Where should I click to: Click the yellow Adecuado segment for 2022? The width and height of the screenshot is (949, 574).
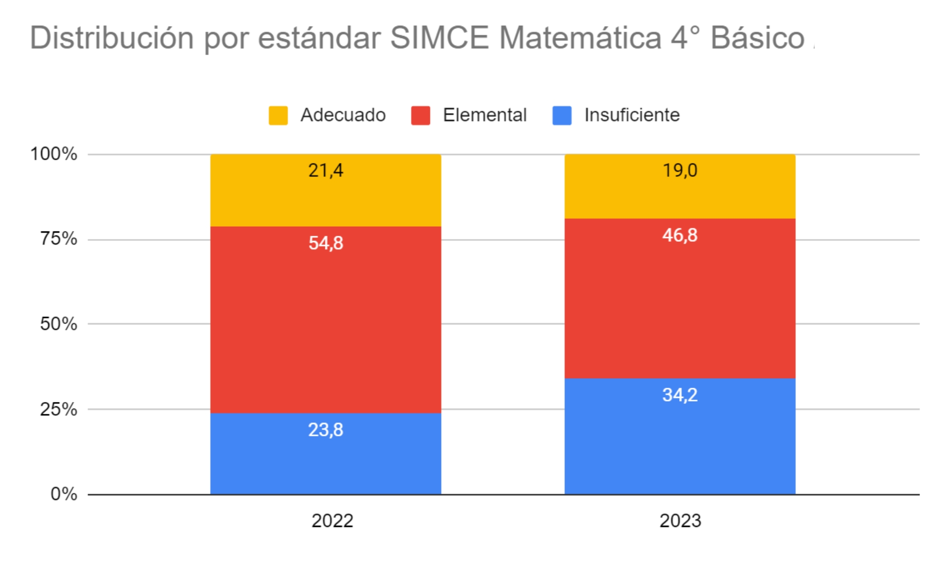tap(325, 200)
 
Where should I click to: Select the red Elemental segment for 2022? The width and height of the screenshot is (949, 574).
tap(325, 323)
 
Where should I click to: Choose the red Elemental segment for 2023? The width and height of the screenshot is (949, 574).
tap(680, 304)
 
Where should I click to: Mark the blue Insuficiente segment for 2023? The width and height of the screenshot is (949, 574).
tap(680, 447)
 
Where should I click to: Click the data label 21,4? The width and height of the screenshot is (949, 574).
tap(325, 170)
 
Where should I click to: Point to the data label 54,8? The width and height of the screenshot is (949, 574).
tap(325, 243)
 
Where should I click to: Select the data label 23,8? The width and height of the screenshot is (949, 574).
tap(325, 430)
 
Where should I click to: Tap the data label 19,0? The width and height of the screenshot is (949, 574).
tap(680, 170)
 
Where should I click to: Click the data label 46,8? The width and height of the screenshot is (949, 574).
tap(680, 235)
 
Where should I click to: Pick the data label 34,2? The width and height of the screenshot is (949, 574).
tap(680, 395)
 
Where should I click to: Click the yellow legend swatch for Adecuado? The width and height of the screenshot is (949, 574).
tap(278, 115)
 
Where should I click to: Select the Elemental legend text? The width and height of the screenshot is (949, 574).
tap(484, 115)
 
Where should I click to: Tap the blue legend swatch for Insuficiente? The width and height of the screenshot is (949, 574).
tap(561, 115)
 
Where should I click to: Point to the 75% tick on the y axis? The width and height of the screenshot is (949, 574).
tap(58, 239)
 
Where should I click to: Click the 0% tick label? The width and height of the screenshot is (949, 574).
tap(64, 494)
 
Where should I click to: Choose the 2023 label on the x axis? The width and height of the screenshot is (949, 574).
tap(680, 521)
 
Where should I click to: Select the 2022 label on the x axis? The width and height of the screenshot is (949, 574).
tap(332, 521)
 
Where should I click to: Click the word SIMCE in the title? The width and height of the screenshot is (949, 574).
tap(439, 38)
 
